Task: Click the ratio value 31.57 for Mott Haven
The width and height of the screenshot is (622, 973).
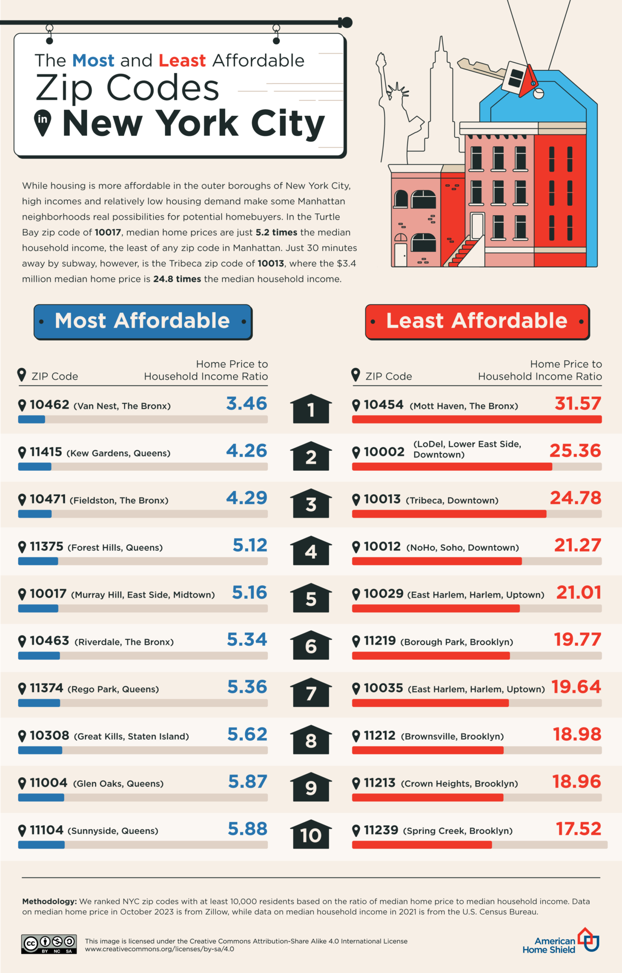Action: [578, 404]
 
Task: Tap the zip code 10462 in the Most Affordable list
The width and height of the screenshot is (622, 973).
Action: [49, 405]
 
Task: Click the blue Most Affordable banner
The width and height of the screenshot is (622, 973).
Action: [143, 322]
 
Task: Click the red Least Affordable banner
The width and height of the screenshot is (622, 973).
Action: [477, 322]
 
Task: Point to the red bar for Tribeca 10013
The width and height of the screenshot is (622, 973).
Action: [449, 514]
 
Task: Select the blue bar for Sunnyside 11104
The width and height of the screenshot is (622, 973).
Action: [41, 845]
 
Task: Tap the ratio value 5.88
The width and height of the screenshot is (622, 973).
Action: [247, 829]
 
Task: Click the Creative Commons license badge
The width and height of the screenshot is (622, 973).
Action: [48, 944]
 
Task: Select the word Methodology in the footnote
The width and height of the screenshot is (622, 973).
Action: [49, 901]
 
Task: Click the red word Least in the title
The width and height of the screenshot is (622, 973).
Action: [182, 61]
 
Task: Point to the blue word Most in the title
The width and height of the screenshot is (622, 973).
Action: [93, 61]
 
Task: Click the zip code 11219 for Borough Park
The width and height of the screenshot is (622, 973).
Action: [380, 641]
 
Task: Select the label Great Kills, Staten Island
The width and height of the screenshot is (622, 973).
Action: [132, 736]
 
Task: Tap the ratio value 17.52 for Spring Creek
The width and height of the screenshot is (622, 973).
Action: [578, 829]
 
